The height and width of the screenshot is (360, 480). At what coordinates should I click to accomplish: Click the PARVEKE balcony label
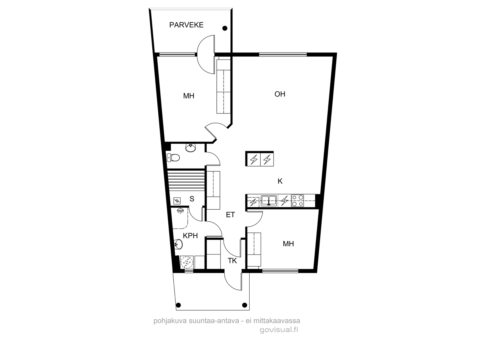pyautogui.click(x=186, y=25)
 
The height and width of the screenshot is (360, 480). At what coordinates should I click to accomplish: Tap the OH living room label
pyautogui.click(x=280, y=94)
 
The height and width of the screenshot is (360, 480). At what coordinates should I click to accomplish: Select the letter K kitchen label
pyautogui.click(x=280, y=181)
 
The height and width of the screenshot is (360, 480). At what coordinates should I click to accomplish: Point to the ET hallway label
pyautogui.click(x=230, y=215)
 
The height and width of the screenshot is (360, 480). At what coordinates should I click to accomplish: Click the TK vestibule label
pyautogui.click(x=232, y=260)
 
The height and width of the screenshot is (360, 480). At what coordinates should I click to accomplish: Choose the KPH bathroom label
pyautogui.click(x=190, y=235)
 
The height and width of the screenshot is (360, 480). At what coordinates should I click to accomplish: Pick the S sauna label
pyautogui.click(x=192, y=199)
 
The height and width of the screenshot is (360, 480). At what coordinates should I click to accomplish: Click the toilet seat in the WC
pyautogui.click(x=173, y=157)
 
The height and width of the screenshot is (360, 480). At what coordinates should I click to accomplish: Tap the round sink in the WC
pyautogui.click(x=190, y=148)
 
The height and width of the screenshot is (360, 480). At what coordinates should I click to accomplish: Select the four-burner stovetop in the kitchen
pyautogui.click(x=298, y=201)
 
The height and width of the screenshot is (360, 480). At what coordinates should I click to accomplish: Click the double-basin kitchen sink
pyautogui.click(x=269, y=201)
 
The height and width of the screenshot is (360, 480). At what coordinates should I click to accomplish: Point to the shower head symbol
pyautogui.click(x=180, y=211)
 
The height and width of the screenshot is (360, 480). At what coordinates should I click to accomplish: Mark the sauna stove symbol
pyautogui.click(x=177, y=201)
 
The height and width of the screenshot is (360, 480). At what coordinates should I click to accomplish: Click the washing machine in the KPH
pyautogui.click(x=187, y=262)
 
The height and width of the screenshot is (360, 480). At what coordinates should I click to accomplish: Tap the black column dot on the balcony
pyautogui.click(x=225, y=28)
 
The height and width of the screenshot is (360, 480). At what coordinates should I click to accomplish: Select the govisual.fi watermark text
pyautogui.click(x=279, y=330)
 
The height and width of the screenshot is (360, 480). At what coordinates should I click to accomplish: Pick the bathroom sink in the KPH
pyautogui.click(x=178, y=244)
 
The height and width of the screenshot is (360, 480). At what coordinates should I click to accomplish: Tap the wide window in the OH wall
pyautogui.click(x=283, y=54)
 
